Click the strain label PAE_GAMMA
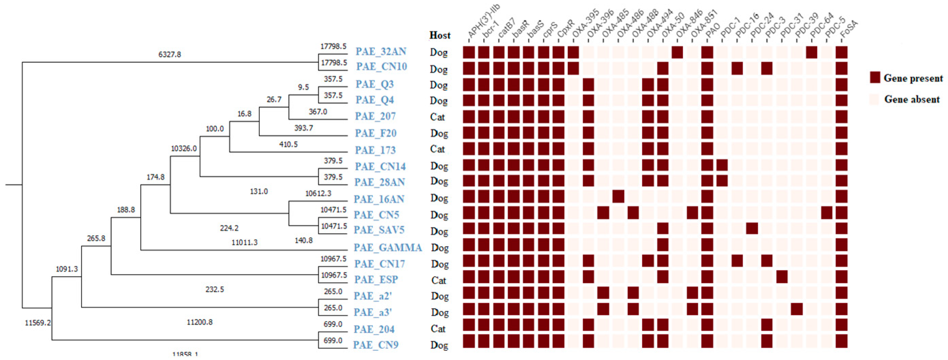(x=388, y=247)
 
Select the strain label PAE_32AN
(x=381, y=51)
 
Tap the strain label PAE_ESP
(x=376, y=280)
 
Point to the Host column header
(x=440, y=35)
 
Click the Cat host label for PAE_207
(x=438, y=117)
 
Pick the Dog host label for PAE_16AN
(x=439, y=198)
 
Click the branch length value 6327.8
(x=170, y=55)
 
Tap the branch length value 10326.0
(x=184, y=148)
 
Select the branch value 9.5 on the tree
(x=303, y=87)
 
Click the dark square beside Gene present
(x=875, y=78)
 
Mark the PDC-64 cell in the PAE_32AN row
(x=811, y=52)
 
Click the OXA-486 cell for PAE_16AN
(x=618, y=196)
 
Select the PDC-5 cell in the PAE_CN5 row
(x=827, y=212)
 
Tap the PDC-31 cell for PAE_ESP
(x=782, y=276)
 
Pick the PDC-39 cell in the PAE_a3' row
(x=797, y=309)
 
